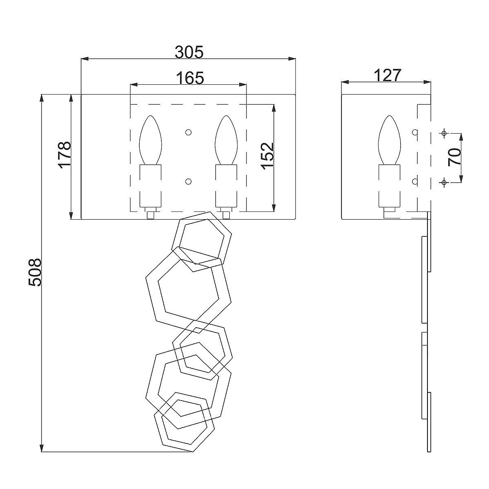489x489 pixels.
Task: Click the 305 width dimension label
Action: (189, 52)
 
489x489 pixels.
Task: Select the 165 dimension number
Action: (190, 78)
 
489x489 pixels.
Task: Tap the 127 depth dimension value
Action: (388, 75)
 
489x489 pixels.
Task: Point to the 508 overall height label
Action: (35, 272)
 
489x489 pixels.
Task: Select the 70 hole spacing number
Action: (454, 157)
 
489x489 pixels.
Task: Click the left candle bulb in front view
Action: (150, 140)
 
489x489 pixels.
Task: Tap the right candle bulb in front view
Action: (226, 140)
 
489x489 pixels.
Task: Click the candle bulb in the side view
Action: (390, 140)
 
